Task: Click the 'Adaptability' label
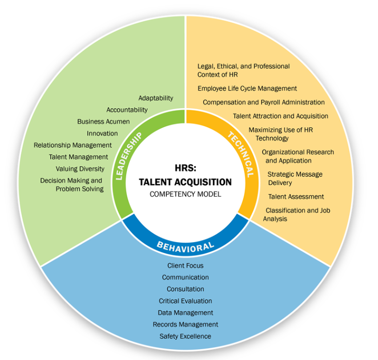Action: [x=156, y=98]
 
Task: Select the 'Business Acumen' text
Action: [x=104, y=122]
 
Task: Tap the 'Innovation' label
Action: [x=102, y=133]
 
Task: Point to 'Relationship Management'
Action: [x=73, y=145]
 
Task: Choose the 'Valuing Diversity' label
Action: [x=80, y=168]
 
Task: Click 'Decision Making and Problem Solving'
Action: [x=72, y=184]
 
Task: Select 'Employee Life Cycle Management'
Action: [x=247, y=88]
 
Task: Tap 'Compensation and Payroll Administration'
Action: [x=264, y=102]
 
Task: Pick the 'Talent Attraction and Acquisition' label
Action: [x=280, y=116]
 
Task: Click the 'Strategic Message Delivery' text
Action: [x=295, y=178]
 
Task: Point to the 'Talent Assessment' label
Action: [x=296, y=196]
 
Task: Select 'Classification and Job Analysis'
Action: [x=297, y=214]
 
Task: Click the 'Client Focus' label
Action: [x=185, y=266]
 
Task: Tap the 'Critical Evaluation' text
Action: [x=185, y=301]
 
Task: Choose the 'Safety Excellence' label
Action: [x=185, y=336]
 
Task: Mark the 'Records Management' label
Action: [x=185, y=324]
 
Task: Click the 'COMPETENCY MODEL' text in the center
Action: [x=185, y=194]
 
